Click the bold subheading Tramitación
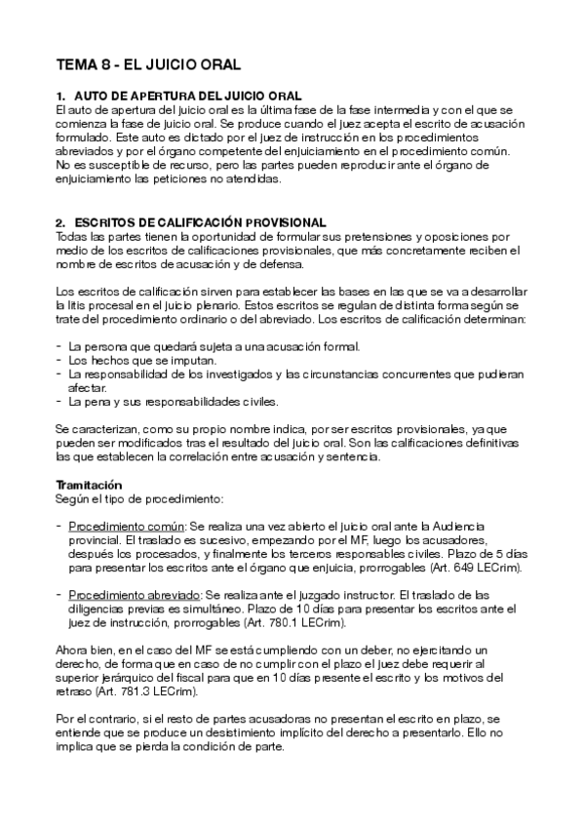coord(89,484)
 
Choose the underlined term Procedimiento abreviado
coord(133,593)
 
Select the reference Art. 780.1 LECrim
coord(288,621)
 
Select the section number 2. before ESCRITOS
coord(60,223)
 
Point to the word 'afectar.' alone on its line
coord(89,386)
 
